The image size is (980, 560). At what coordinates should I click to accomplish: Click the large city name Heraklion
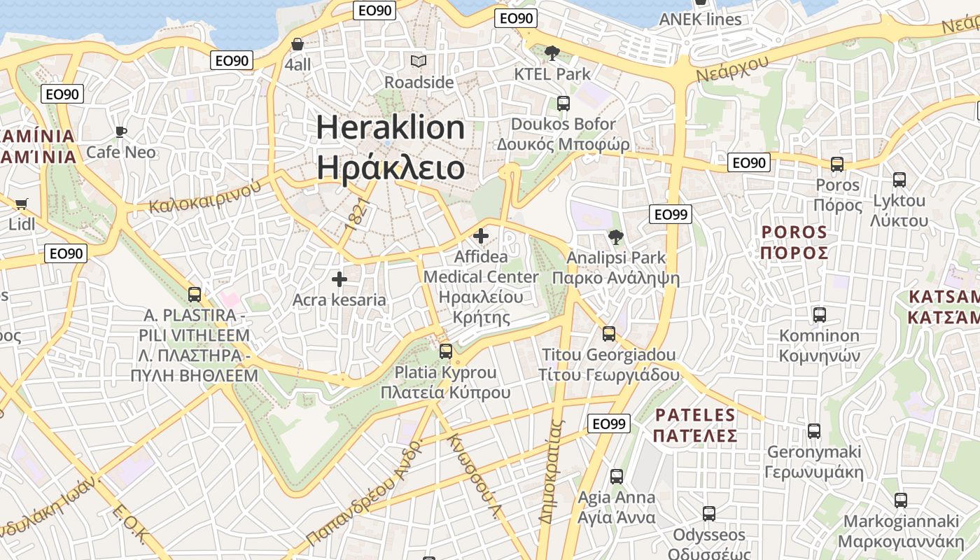pos(390,127)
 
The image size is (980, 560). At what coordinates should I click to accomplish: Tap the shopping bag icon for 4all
pos(297,44)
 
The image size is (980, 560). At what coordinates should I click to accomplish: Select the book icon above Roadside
pos(419,62)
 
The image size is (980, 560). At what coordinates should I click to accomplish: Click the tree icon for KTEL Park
pos(552,52)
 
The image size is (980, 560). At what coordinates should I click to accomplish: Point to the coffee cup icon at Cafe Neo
pos(121,132)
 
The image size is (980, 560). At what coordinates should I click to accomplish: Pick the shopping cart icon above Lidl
pos(21,204)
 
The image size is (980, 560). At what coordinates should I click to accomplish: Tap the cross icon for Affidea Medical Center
pos(481,236)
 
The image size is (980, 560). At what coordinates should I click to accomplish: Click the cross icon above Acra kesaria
pos(339,279)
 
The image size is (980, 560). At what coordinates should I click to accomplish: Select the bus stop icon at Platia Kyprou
pos(446,351)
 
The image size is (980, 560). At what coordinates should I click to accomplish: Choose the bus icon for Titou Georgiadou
pos(609,334)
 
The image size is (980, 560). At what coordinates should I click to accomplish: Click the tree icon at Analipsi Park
pos(615,237)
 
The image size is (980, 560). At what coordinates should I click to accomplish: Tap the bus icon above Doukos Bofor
pos(563,104)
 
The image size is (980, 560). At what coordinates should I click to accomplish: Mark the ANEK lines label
pos(700,19)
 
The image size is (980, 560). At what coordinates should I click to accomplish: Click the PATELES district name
pos(695,415)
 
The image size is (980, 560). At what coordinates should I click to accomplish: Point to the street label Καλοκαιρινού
pos(205,197)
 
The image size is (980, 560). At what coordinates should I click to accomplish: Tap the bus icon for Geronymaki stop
pos(814,431)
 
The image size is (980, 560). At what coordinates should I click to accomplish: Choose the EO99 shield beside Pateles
pos(608,423)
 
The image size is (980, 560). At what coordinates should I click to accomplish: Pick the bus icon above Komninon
pos(820,315)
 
